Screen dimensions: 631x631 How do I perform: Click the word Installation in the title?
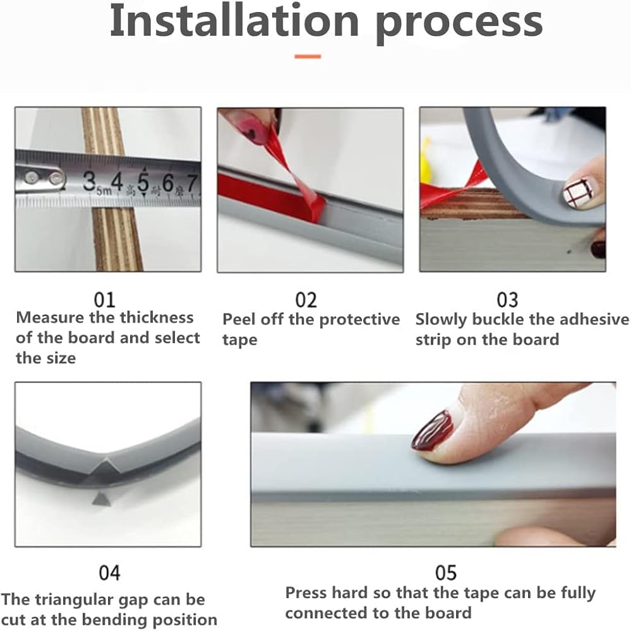(x=234, y=21)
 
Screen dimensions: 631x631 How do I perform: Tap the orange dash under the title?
(x=308, y=57)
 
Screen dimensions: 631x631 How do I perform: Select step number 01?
(x=104, y=300)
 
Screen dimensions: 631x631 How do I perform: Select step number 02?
(x=306, y=300)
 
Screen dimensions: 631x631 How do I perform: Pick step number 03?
(x=507, y=300)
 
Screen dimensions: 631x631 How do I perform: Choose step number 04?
(x=109, y=573)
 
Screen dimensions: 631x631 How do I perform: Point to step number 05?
(x=446, y=573)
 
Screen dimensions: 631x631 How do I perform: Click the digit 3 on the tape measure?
(x=89, y=180)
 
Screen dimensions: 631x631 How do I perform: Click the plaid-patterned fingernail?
(x=578, y=192)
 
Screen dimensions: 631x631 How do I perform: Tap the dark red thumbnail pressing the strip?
(x=432, y=432)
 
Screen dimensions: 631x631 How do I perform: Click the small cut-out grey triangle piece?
(x=100, y=499)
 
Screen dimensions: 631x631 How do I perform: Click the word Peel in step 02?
(x=239, y=319)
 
